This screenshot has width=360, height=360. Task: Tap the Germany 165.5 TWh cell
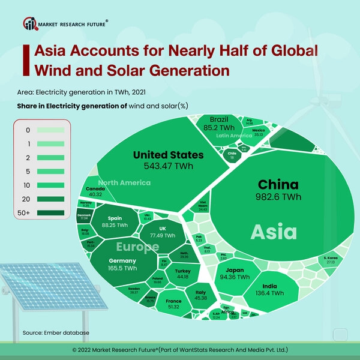point(123,265)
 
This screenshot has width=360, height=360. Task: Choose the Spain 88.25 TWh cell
point(117,222)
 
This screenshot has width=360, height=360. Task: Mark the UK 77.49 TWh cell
point(163,232)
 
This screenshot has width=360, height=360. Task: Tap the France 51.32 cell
point(173,304)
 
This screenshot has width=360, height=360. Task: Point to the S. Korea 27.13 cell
point(331,260)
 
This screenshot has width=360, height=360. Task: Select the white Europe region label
point(137,247)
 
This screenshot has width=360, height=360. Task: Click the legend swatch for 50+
point(55,212)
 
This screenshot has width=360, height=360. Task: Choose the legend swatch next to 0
point(55,130)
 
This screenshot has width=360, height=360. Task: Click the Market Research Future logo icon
point(29,24)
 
